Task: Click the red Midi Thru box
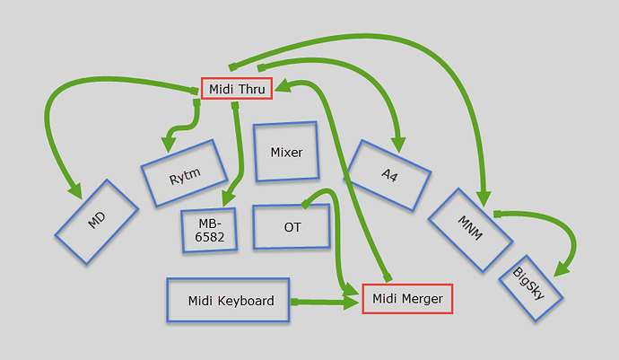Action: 237,89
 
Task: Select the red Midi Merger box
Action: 407,299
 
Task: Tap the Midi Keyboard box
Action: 231,301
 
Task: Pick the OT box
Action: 292,226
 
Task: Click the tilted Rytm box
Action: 184,172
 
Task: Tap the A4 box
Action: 388,175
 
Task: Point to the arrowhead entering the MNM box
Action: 484,200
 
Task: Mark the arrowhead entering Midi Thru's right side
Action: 281,88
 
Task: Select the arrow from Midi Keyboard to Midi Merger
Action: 323,303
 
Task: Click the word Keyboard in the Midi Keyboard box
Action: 244,301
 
